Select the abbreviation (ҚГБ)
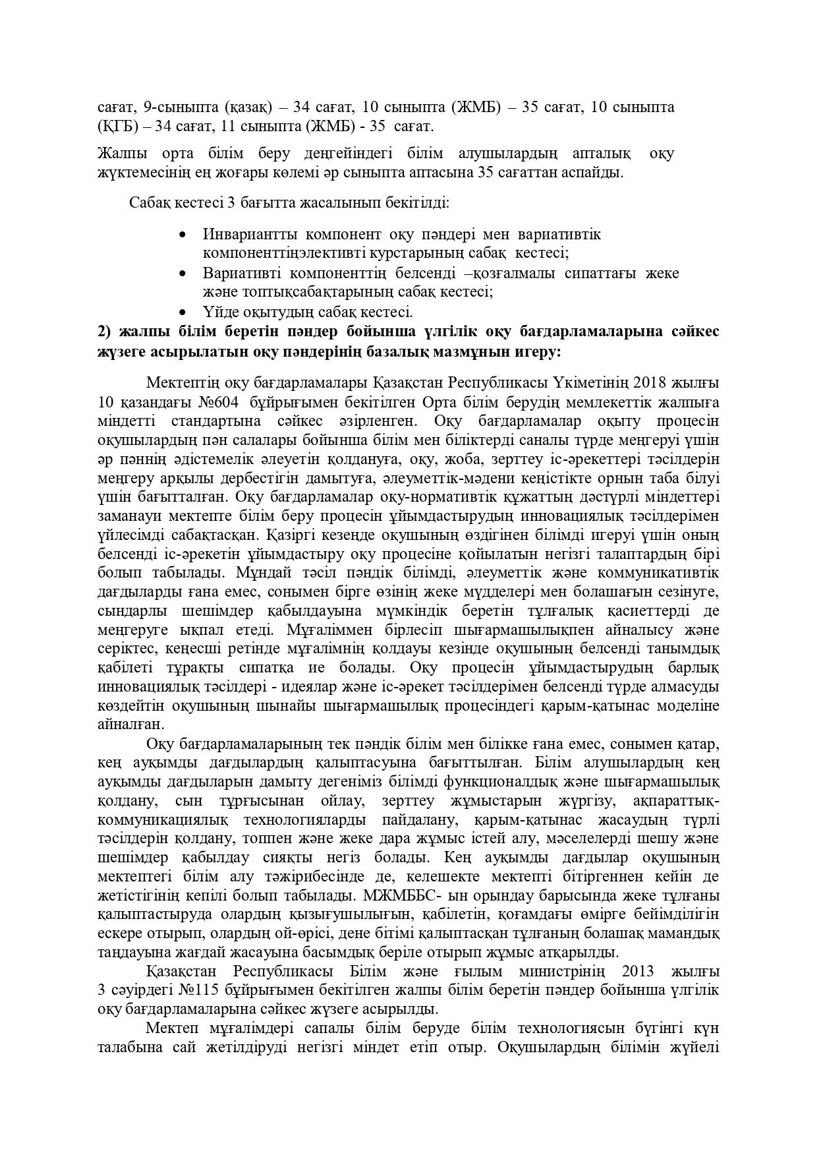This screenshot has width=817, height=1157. [117, 125]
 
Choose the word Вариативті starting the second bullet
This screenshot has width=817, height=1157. [242, 273]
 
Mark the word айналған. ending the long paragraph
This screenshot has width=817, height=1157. [123, 724]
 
